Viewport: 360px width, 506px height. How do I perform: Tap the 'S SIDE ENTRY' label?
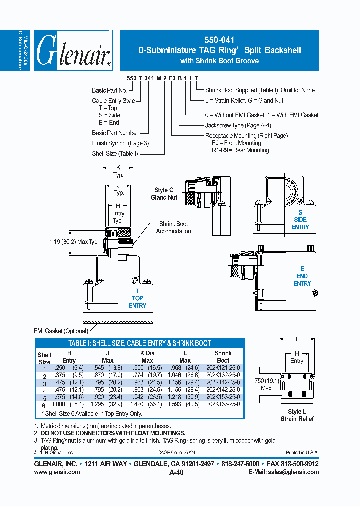tap(300, 220)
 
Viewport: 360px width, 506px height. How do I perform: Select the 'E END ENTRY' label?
tap(302, 276)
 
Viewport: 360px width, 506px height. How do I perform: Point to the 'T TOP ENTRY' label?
tap(137, 298)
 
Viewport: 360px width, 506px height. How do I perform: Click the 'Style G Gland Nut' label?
tap(164, 194)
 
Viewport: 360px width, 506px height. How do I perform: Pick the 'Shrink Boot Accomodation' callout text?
tap(173, 228)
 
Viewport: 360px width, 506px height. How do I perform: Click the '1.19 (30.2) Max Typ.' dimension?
tap(74, 242)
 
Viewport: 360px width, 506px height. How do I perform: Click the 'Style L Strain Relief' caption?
tap(297, 415)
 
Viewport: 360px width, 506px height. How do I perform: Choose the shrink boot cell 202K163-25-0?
tap(223, 404)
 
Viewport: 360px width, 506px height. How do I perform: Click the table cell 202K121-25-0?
tap(223, 367)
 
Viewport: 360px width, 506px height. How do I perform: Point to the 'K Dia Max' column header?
tap(147, 357)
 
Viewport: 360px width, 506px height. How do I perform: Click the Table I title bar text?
tap(139, 343)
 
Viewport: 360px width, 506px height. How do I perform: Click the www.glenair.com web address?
tap(57, 472)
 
